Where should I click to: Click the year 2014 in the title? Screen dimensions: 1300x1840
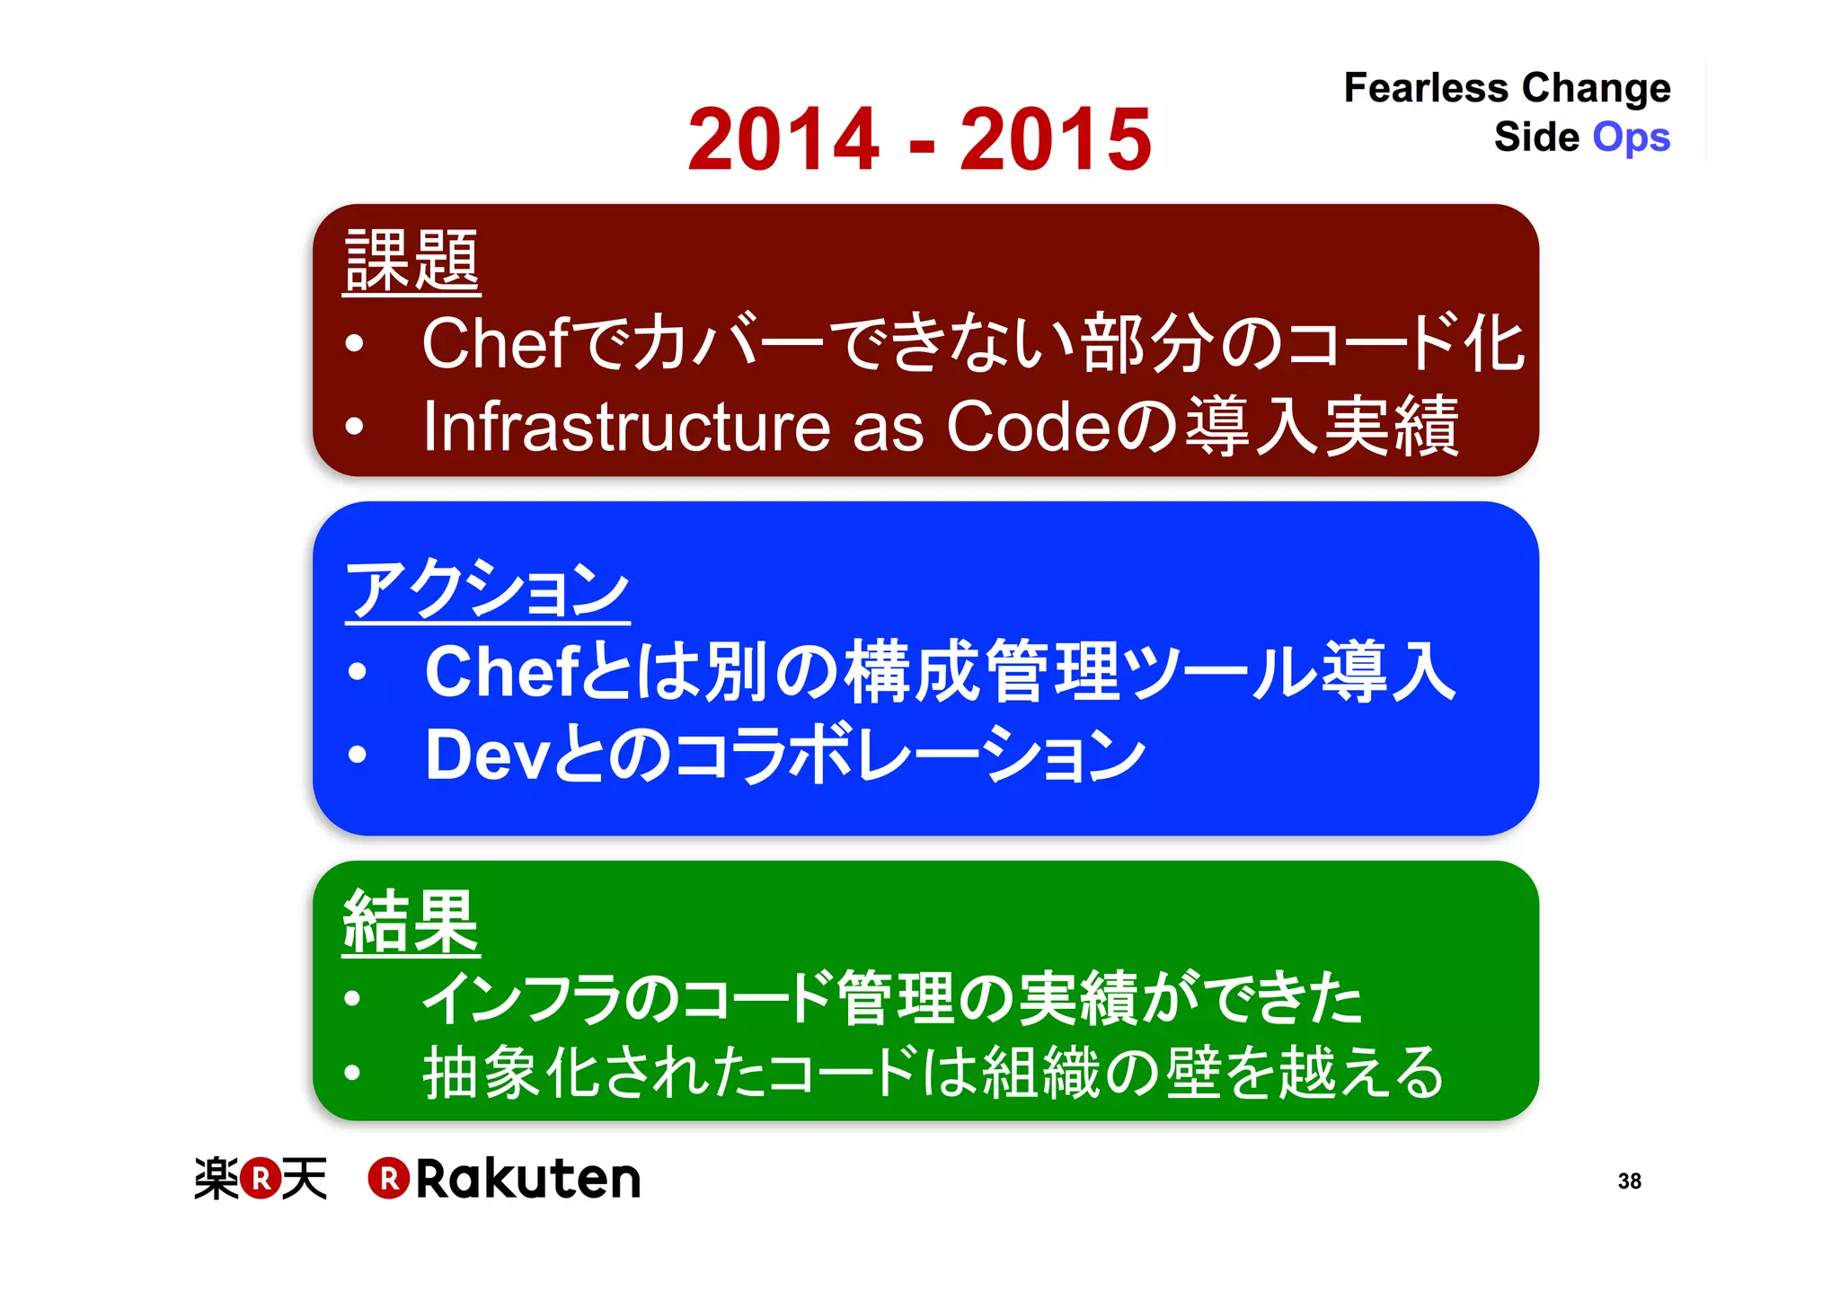point(783,138)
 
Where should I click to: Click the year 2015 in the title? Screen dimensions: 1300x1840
point(1056,138)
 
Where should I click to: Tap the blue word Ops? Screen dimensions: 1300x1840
point(1631,138)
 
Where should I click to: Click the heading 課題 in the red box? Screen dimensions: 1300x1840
point(411,261)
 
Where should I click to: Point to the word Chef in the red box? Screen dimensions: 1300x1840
point(495,343)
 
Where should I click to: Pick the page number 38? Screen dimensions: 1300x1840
point(1629,1181)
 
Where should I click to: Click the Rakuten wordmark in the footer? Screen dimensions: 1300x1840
point(527,1179)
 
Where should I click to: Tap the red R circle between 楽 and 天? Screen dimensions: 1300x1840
point(261,1179)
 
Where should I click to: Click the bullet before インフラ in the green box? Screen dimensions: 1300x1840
point(352,998)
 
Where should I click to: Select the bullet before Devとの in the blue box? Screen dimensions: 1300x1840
point(358,755)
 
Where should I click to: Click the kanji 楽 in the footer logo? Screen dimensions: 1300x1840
point(217,1179)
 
